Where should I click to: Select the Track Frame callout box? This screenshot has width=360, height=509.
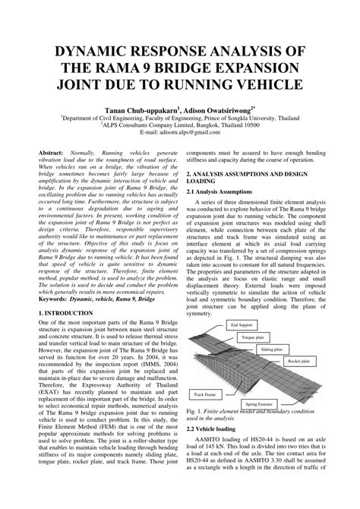coord(205,394)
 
